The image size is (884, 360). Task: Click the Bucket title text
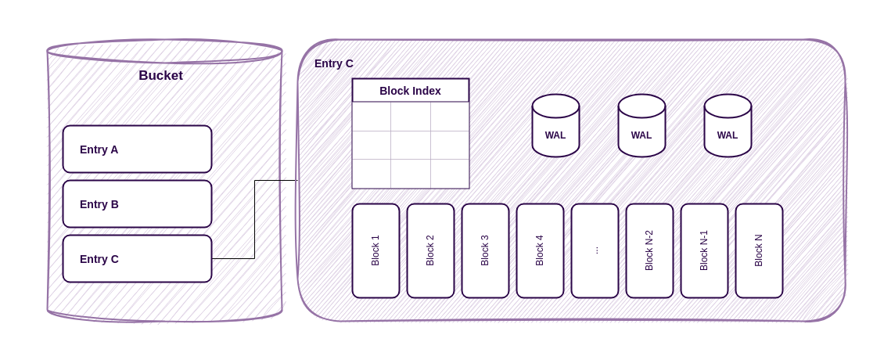(160, 76)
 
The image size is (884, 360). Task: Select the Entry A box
(137, 149)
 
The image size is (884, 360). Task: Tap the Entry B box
(137, 203)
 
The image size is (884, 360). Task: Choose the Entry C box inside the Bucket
(137, 258)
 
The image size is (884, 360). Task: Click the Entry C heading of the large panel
(333, 63)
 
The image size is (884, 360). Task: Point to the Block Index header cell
(410, 90)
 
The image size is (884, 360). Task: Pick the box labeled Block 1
(376, 250)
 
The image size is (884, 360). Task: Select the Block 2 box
(430, 250)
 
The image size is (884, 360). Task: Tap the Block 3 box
(485, 250)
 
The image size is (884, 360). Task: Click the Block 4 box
(540, 250)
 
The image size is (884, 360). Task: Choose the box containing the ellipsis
(595, 250)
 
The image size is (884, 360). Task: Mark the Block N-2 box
(649, 250)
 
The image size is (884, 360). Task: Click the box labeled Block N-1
(704, 250)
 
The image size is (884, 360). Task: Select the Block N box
(759, 250)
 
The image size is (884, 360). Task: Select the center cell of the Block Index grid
(411, 145)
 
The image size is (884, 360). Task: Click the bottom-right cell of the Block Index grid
(450, 174)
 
